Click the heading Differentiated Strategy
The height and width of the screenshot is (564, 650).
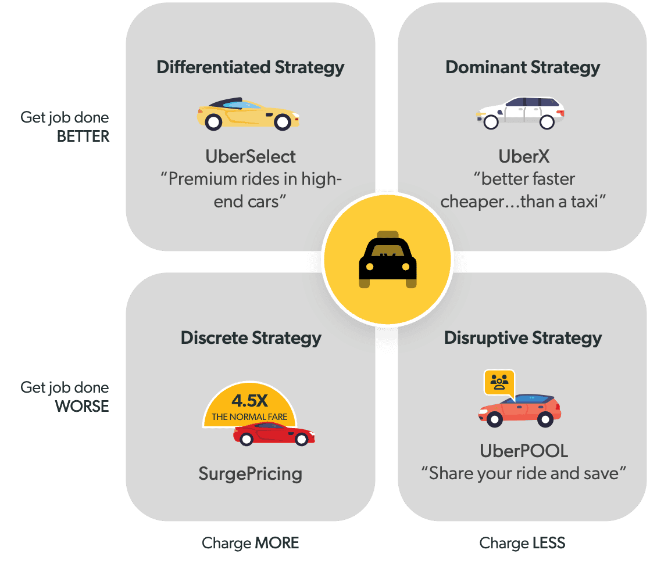pos(251,67)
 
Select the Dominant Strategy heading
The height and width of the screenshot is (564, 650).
pos(523,67)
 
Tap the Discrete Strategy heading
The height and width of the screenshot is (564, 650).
pos(251,338)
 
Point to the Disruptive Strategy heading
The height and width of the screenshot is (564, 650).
pos(523,338)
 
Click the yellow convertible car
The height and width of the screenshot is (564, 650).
pos(248,114)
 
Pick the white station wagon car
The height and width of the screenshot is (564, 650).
pos(520,113)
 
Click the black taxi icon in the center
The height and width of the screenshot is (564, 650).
pos(388,259)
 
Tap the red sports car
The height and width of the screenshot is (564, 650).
pos(274,433)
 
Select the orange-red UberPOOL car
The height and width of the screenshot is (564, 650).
pos(520,411)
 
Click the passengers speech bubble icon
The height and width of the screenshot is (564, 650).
pos(499,383)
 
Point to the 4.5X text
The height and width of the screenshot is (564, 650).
pos(249,401)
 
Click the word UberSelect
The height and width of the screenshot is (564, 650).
pos(251,157)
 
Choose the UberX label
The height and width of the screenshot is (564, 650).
pos(524,157)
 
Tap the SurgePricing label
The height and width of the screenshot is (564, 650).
pos(251,474)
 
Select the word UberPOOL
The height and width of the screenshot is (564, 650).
pos(524,451)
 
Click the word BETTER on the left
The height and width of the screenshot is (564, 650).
pos(83,136)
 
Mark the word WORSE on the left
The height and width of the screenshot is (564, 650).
pos(82,406)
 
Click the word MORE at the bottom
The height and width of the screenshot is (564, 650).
pos(277,543)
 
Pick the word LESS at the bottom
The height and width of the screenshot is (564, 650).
pos(549,543)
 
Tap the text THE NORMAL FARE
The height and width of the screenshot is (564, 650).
pos(249,417)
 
